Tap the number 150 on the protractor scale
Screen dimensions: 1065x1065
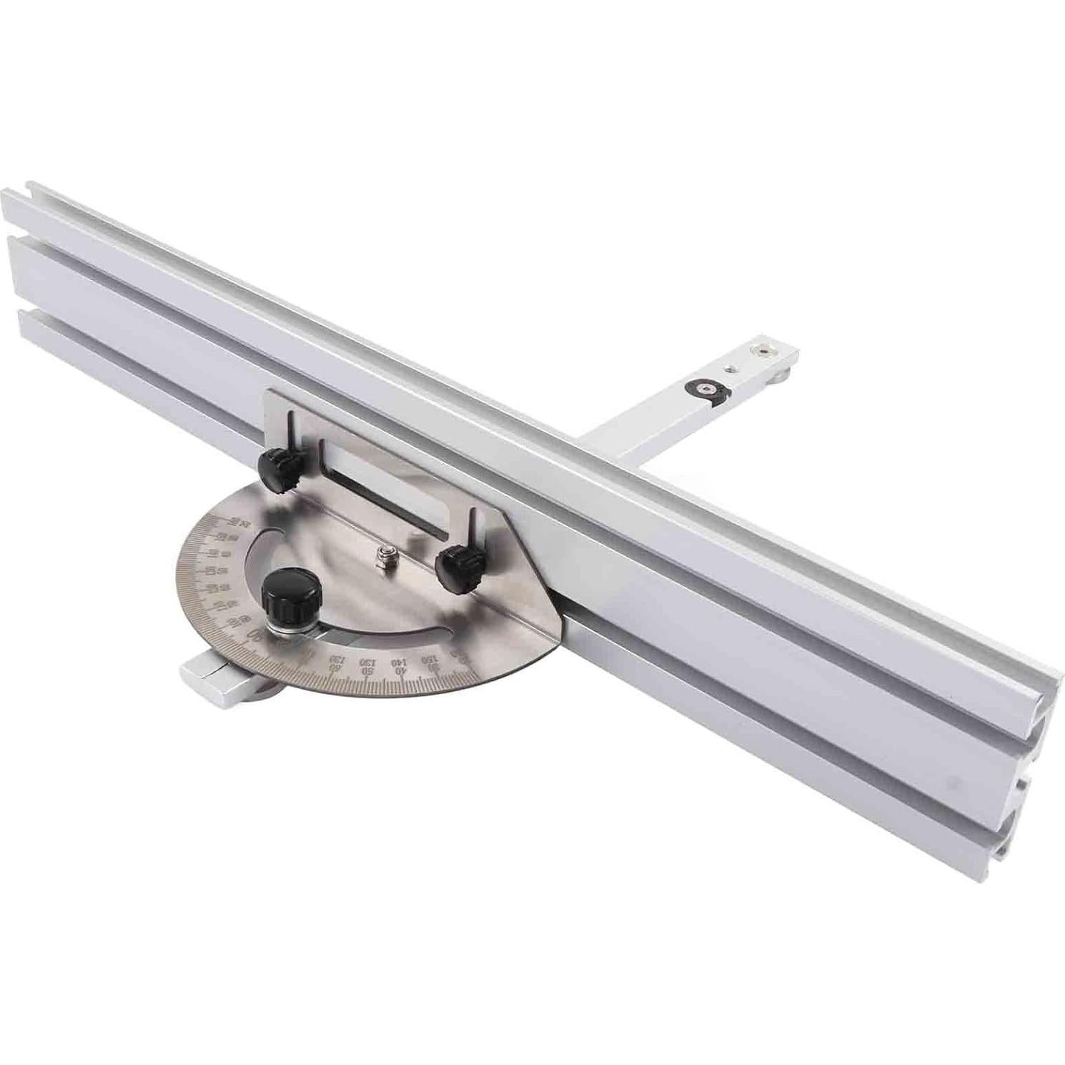(429, 658)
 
